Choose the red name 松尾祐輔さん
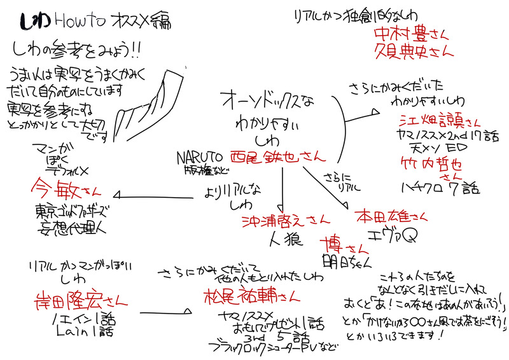click(x=249, y=296)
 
